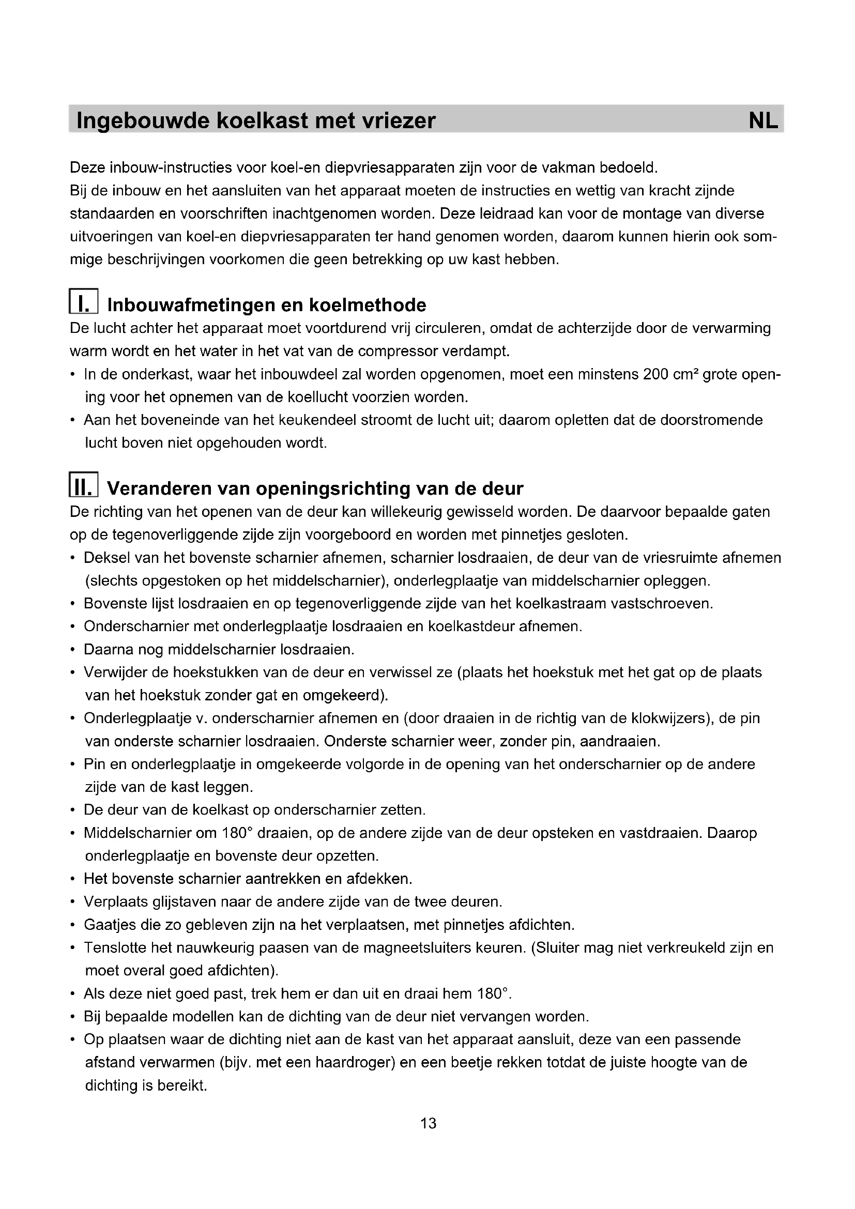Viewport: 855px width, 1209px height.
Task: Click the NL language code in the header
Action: point(763,120)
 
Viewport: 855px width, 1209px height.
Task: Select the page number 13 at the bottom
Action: point(428,1123)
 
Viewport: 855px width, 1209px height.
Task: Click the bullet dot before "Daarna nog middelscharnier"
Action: point(72,650)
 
